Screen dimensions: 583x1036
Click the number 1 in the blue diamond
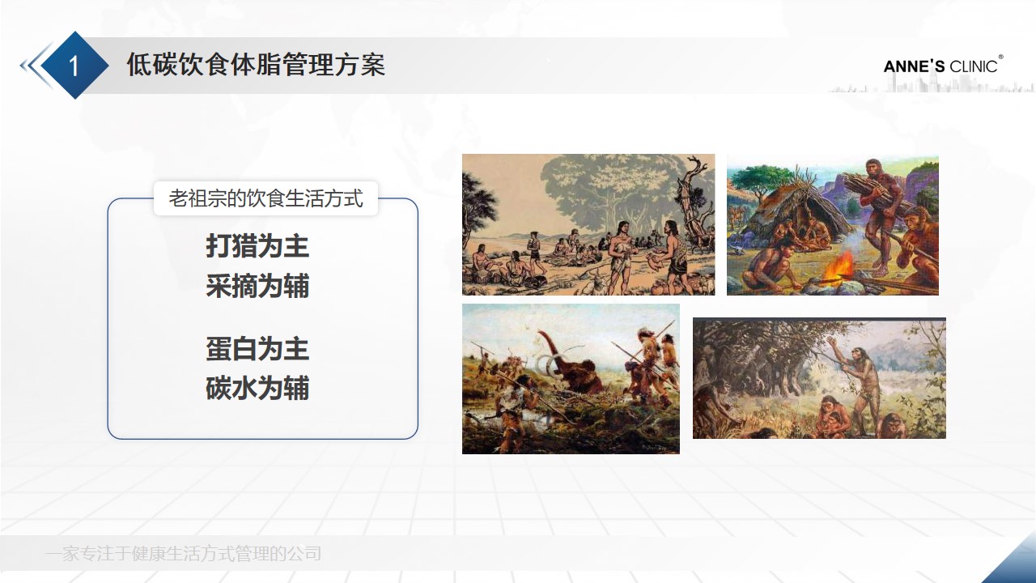[74, 66]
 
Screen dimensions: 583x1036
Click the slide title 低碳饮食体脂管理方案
[256, 65]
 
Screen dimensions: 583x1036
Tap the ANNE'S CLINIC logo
[942, 66]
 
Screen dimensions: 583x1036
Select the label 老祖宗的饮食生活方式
[265, 198]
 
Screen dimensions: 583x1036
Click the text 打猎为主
[257, 246]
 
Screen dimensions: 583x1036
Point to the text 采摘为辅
[257, 286]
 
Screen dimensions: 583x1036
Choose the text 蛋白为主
[257, 349]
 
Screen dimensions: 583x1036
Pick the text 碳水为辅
[257, 389]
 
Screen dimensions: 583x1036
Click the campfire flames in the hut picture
[840, 266]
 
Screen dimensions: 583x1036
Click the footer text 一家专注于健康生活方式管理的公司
[184, 554]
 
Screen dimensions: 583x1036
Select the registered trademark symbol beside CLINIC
[1001, 57]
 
